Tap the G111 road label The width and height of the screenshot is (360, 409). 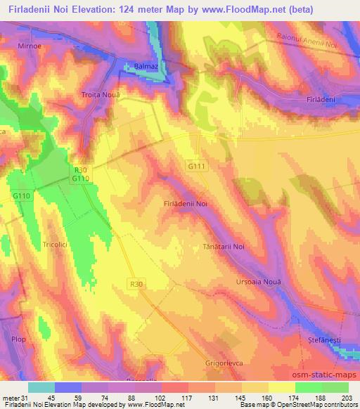click(196, 166)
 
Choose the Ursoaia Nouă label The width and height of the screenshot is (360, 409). click(258, 281)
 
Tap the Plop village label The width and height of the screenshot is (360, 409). click(18, 339)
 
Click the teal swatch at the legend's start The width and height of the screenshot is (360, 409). click(41, 387)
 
